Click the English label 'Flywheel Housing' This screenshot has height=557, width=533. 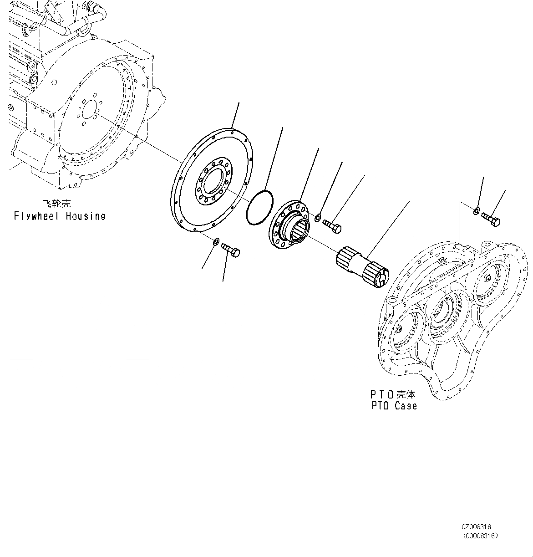pos(59,216)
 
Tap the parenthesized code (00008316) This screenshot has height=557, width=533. pos(481,536)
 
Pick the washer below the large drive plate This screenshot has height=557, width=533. pos(217,241)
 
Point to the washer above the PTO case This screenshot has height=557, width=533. pos(476,210)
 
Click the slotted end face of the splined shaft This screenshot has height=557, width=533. pos(381,278)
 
